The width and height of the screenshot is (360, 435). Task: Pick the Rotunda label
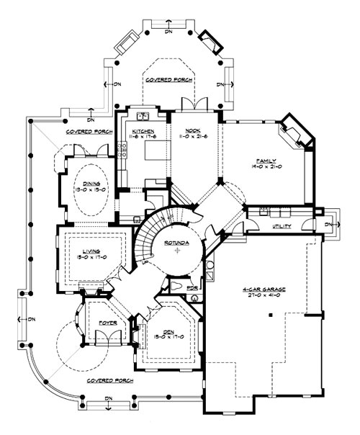coord(177,243)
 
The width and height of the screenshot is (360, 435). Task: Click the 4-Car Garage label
coord(264,288)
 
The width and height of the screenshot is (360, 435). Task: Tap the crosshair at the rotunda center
coord(177,253)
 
